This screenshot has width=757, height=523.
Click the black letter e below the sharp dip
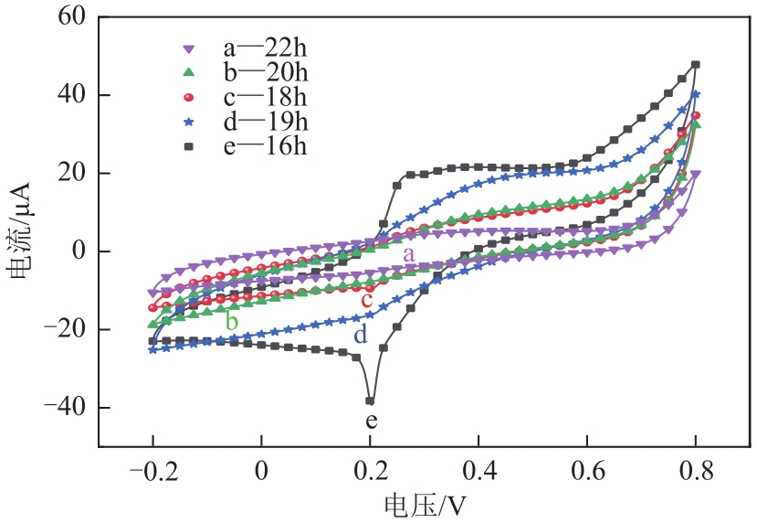pyautogui.click(x=371, y=422)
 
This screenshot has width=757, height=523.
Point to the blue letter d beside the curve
pyautogui.click(x=361, y=335)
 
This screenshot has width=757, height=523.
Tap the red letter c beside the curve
pyautogui.click(x=366, y=300)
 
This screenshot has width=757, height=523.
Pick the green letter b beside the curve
pyautogui.click(x=232, y=322)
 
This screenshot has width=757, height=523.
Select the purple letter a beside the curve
pyautogui.click(x=409, y=253)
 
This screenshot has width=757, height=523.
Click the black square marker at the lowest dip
pyautogui.click(x=370, y=400)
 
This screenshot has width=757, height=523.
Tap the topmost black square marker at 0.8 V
pyautogui.click(x=696, y=65)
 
